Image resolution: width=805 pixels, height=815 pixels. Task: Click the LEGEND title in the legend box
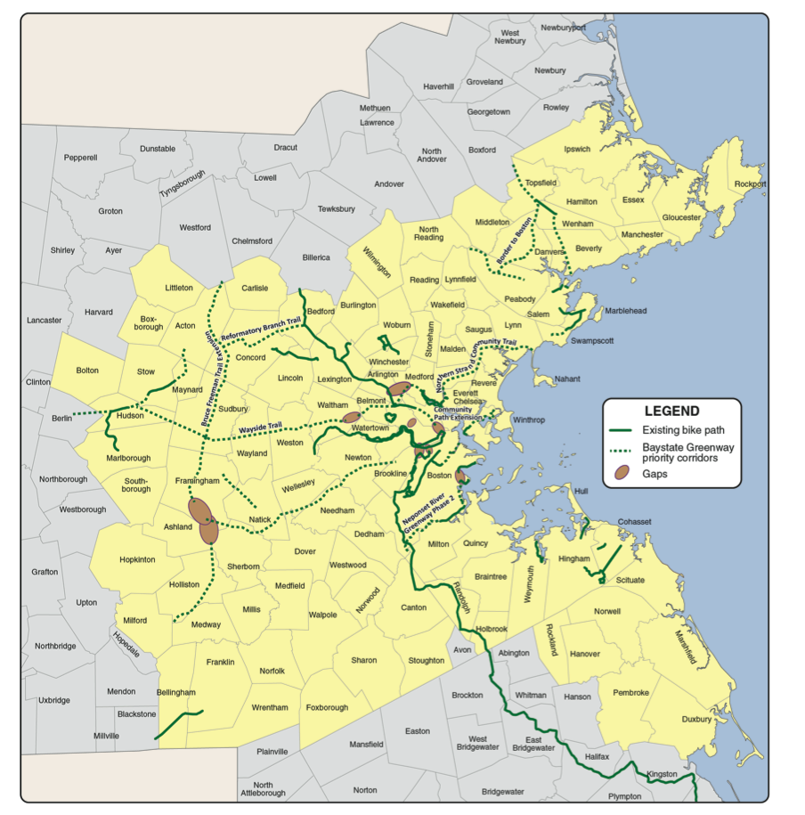point(671,412)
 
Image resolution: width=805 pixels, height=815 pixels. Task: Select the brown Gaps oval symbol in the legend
point(622,475)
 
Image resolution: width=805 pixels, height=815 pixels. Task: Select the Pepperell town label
point(80,157)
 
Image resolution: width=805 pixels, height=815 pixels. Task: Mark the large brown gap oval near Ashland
point(204,520)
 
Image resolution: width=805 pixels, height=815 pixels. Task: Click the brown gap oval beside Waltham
point(351,417)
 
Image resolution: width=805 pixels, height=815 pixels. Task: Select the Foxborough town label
point(327,708)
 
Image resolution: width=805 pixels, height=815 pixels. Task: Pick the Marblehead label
point(626,311)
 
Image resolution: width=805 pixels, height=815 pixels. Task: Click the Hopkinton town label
point(137,559)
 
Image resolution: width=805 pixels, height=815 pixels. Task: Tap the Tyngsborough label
point(183,183)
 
